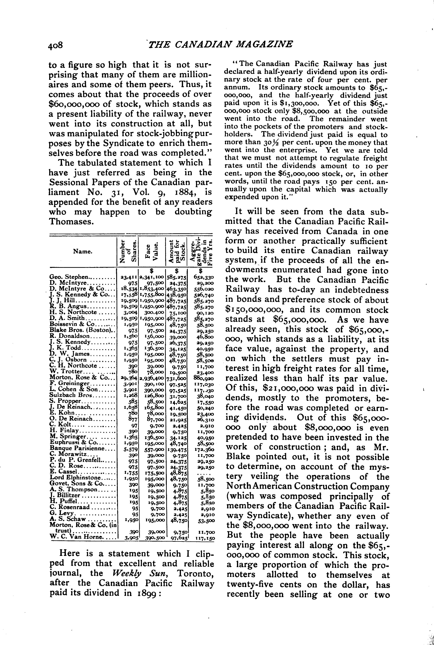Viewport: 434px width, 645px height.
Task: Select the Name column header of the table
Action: (82, 251)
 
